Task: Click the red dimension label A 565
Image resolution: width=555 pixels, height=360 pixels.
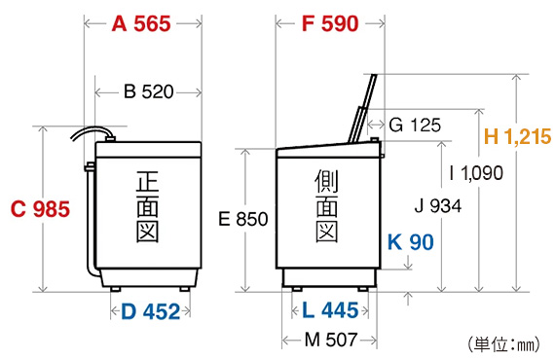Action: click(x=141, y=24)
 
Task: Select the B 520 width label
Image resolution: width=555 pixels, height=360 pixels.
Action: click(x=149, y=91)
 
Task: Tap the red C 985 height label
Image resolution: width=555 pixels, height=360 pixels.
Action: click(x=40, y=208)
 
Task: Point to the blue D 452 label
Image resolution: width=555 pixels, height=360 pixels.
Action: click(x=150, y=311)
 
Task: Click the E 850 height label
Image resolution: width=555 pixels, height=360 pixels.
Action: click(x=243, y=219)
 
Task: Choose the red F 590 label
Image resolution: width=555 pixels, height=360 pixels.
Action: click(x=330, y=24)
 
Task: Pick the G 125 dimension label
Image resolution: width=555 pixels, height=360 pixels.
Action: click(x=415, y=126)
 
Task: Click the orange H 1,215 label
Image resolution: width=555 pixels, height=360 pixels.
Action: click(x=517, y=136)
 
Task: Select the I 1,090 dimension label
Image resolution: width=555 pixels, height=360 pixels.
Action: click(x=476, y=173)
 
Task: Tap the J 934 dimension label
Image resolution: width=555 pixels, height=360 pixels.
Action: click(x=438, y=206)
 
